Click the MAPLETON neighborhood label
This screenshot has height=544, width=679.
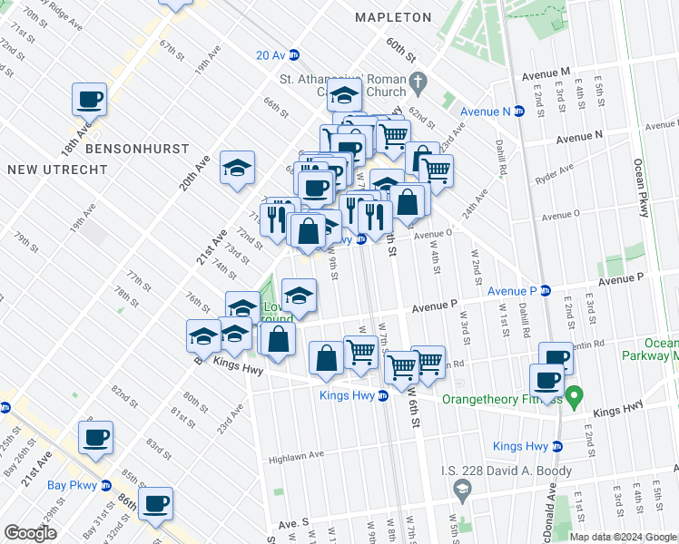point(393,17)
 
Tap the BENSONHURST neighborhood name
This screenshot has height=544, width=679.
point(137,148)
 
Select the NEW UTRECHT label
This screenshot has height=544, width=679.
point(43,170)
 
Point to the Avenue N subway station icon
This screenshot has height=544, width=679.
point(519,112)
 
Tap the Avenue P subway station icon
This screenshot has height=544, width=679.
point(546,291)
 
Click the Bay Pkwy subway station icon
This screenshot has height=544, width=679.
point(105,485)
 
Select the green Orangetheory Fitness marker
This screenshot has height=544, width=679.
point(574,395)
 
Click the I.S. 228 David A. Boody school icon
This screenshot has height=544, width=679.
point(462,491)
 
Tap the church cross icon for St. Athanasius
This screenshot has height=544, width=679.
point(418,81)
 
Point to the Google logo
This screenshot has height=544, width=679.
point(30,533)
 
